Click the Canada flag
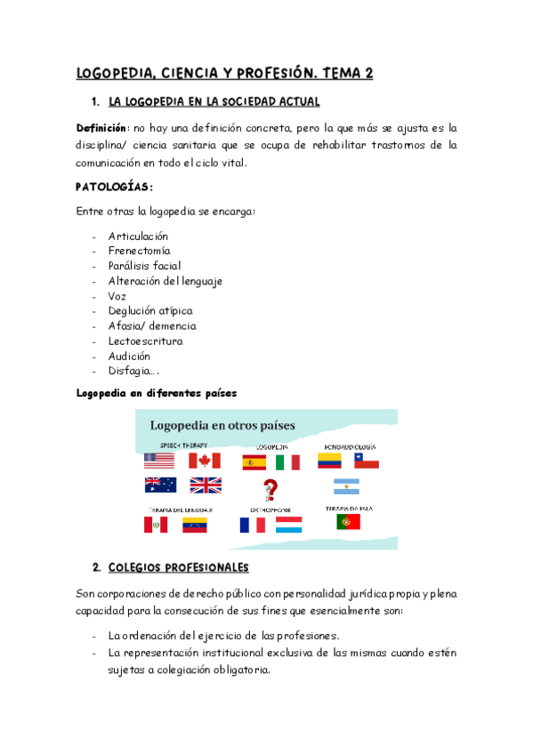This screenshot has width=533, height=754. click(x=204, y=461)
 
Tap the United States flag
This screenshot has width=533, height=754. click(x=159, y=461)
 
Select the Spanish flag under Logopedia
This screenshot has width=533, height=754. click(x=254, y=462)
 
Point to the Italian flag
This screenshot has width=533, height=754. click(x=287, y=462)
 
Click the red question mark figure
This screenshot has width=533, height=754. click(x=269, y=490)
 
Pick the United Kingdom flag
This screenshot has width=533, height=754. click(x=205, y=485)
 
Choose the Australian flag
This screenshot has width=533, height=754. click(x=160, y=485)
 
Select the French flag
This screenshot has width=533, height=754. click(x=252, y=525)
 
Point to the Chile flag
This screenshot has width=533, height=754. click(x=367, y=461)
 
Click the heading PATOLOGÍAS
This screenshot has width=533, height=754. click(x=114, y=187)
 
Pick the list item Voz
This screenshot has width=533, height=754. click(x=118, y=296)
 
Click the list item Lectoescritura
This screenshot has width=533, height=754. click(x=145, y=341)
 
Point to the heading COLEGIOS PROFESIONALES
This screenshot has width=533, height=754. click(x=178, y=567)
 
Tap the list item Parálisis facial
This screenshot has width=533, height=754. click(x=144, y=266)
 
